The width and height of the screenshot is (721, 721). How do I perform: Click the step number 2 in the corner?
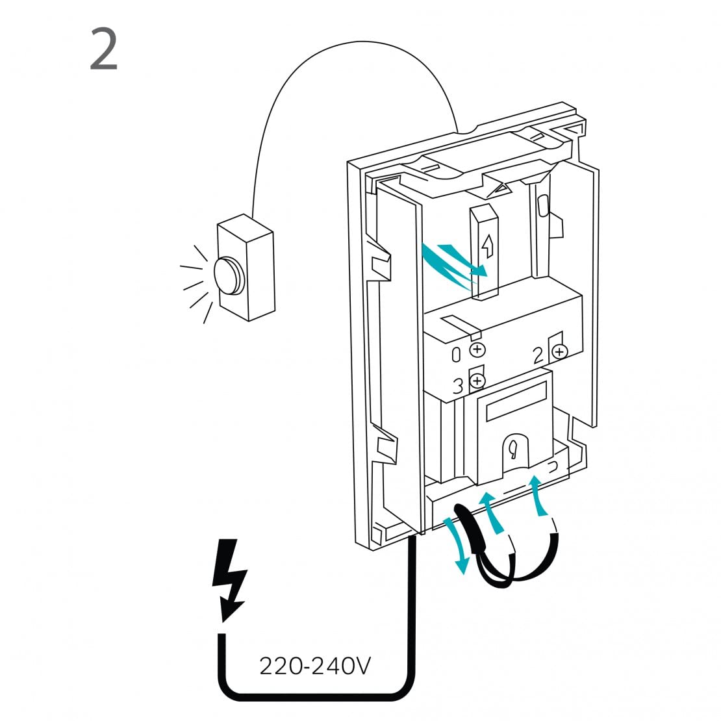coord(104,49)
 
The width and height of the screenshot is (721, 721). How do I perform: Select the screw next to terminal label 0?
coord(477,350)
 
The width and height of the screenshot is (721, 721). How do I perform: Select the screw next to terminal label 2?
coord(559,352)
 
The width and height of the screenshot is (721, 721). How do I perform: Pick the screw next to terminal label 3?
coord(477,381)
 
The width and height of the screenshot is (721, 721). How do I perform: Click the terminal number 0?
coord(457,354)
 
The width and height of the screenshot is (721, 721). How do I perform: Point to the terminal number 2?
coord(538,355)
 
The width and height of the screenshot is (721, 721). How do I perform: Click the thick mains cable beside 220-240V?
coord(411,624)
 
